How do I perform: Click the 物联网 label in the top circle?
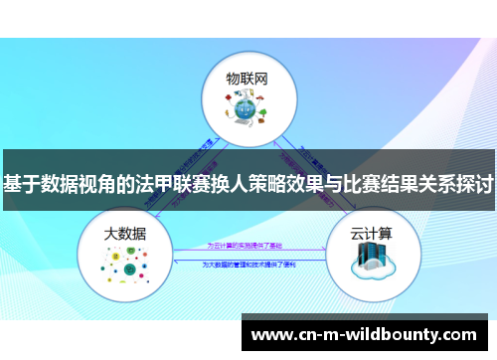[x=248, y=78]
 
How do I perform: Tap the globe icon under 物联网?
[x=248, y=110]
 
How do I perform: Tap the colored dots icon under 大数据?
[x=125, y=265]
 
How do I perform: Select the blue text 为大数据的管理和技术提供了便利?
[x=248, y=265]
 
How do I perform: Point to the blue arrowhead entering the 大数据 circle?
[x=177, y=260]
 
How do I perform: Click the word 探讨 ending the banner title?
[x=474, y=184]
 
